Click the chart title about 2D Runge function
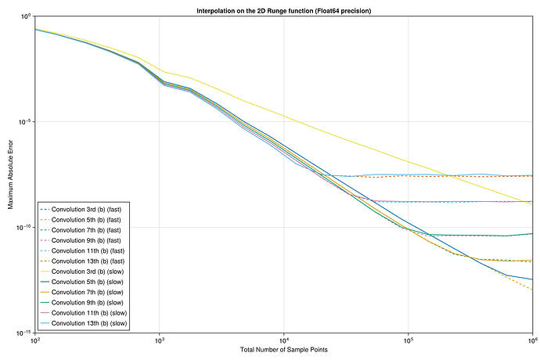(x=283, y=10)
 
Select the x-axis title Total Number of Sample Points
(x=283, y=349)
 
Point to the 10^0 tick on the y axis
(x=24, y=16)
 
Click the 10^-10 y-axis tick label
(x=23, y=228)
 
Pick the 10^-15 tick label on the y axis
(x=23, y=333)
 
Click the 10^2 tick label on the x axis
(x=35, y=340)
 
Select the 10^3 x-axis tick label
(x=160, y=340)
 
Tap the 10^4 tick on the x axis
(x=284, y=340)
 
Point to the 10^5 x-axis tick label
(x=409, y=340)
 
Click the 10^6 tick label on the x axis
(x=531, y=340)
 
